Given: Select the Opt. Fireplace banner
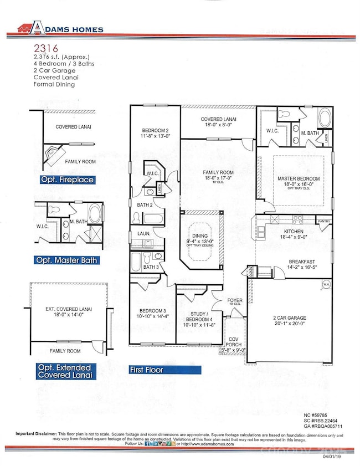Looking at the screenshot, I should coord(66,180).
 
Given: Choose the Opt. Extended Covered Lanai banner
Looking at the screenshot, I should coord(66,371).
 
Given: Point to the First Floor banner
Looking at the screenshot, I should coord(146,369).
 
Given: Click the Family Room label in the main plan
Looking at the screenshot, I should coord(217,173).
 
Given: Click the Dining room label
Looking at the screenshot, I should coord(201,238).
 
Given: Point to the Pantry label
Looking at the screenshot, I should coord(324,221).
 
